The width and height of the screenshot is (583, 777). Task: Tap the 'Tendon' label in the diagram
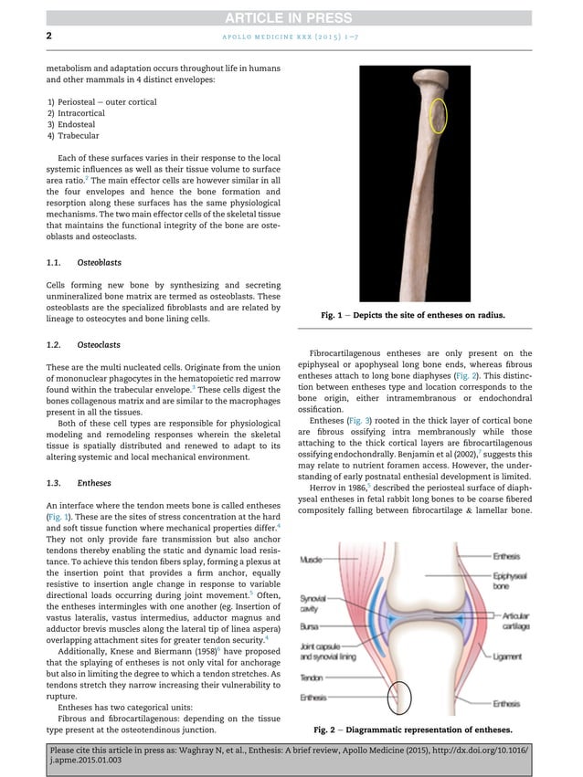click(311, 677)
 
